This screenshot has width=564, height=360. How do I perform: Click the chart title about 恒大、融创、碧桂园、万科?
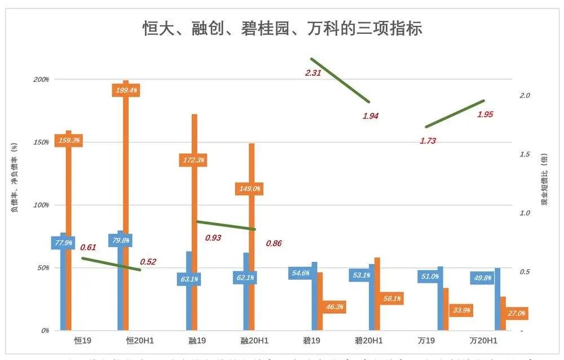(282, 28)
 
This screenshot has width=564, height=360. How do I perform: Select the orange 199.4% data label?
(126, 90)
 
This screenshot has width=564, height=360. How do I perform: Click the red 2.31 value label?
(313, 73)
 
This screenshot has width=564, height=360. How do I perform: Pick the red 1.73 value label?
(428, 141)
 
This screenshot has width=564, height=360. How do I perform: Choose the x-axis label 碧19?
(311, 341)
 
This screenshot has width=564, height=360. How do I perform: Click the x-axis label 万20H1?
(483, 341)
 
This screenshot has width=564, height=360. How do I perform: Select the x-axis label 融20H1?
(254, 341)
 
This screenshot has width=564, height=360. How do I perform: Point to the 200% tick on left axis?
(41, 80)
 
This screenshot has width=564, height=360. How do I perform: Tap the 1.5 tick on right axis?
(523, 154)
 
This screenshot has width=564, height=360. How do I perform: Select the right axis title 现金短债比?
(545, 179)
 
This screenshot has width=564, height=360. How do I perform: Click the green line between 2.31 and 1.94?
(340, 80)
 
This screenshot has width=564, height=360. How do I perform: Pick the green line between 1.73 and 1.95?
(455, 113)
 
